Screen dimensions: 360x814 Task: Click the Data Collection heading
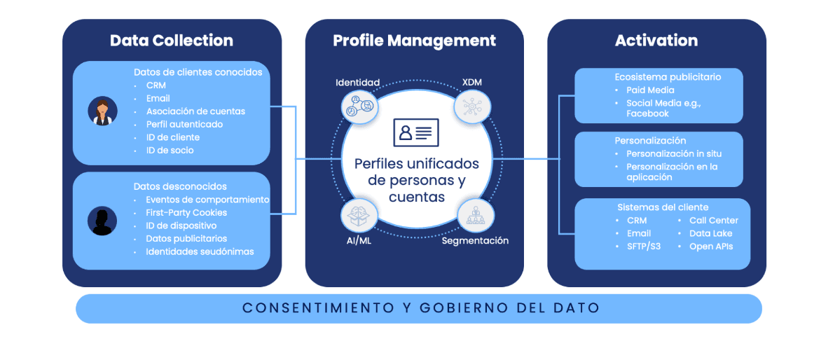tap(172, 41)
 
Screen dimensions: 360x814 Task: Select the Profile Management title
tap(414, 41)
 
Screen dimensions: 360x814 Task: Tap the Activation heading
tap(656, 41)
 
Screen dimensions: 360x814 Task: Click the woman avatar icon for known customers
tap(102, 111)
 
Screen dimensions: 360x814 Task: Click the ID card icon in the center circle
tap(415, 132)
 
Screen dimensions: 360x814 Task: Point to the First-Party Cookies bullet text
tap(186, 213)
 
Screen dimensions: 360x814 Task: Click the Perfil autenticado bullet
tap(184, 125)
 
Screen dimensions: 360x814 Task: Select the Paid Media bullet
tap(650, 90)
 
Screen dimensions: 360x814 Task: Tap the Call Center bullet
tap(713, 221)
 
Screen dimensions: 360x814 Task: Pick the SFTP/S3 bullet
tap(644, 247)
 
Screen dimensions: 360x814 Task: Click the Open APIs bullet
tap(711, 247)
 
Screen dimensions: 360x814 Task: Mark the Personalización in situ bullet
tap(673, 154)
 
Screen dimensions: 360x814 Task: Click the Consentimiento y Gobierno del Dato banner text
tap(420, 308)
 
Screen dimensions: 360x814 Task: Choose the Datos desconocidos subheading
tap(180, 187)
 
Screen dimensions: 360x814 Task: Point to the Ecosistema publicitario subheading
tap(668, 77)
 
